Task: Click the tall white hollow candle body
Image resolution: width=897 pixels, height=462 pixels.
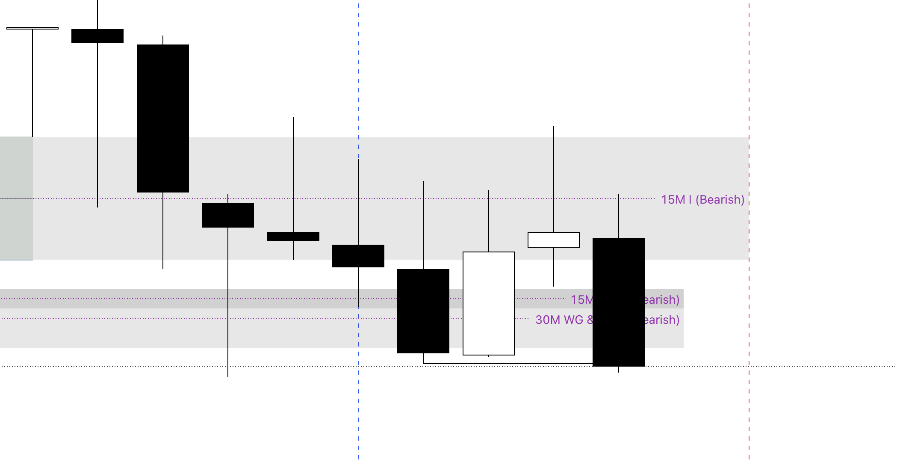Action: pyautogui.click(x=489, y=303)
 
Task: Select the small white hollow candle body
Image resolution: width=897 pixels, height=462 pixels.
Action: pyautogui.click(x=554, y=240)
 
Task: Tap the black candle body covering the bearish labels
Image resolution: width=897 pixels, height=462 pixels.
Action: pyautogui.click(x=619, y=302)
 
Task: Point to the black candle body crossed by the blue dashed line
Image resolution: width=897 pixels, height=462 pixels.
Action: pyautogui.click(x=358, y=256)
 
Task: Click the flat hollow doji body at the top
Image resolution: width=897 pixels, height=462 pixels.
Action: pyautogui.click(x=32, y=28)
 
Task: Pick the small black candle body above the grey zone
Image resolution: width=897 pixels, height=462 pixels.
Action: pyautogui.click(x=97, y=36)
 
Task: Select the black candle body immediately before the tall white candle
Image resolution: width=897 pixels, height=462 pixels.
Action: pyautogui.click(x=423, y=311)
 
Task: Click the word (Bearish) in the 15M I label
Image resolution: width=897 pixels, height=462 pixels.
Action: pyautogui.click(x=720, y=200)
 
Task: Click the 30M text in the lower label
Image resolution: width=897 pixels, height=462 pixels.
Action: pyautogui.click(x=548, y=320)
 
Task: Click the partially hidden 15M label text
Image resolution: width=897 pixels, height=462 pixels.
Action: pyautogui.click(x=582, y=300)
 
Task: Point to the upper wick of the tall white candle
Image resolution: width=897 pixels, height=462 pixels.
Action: pyautogui.click(x=489, y=221)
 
